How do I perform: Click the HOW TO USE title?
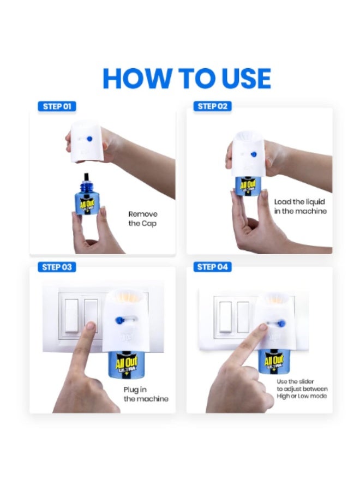(187, 78)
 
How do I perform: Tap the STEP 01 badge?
(57, 106)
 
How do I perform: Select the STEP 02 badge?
(212, 106)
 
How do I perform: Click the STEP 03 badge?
(57, 267)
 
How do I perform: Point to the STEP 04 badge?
(212, 267)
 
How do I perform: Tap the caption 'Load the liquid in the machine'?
(300, 206)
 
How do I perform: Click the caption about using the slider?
(302, 388)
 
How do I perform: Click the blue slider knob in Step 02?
(254, 155)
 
